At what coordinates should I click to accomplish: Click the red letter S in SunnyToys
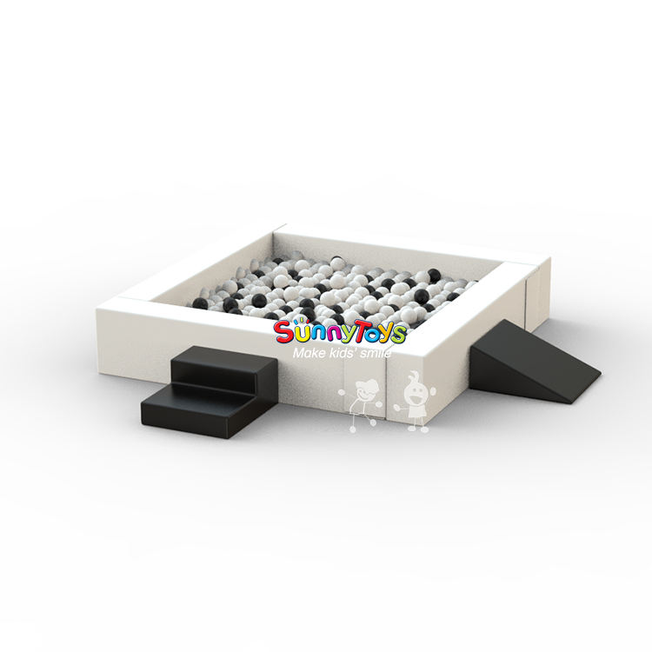coord(283,332)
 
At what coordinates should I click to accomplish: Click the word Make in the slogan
coord(307,354)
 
